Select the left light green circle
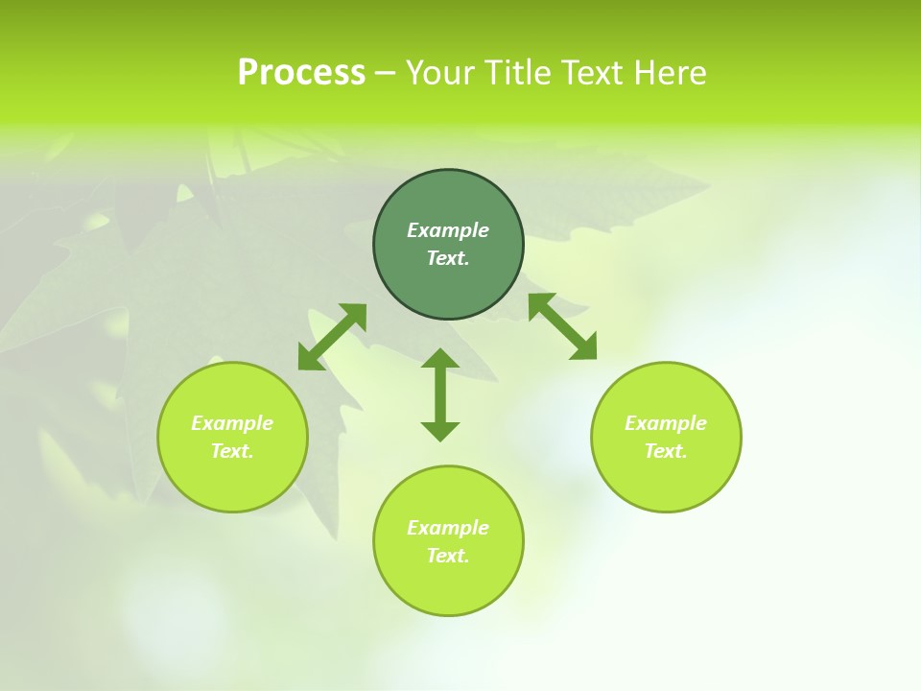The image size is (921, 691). pyautogui.click(x=232, y=480)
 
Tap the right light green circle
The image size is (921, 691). pyautogui.click(x=666, y=480)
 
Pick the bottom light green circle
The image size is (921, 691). pyautogui.click(x=448, y=585)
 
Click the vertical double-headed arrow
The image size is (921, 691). pyautogui.click(x=440, y=394)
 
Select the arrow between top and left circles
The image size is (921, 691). pyautogui.click(x=332, y=337)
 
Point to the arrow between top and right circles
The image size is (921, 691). pyautogui.click(x=562, y=326)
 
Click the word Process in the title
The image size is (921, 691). pyautogui.click(x=301, y=73)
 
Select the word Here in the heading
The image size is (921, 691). pyautogui.click(x=672, y=73)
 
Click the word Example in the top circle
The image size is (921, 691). pyautogui.click(x=448, y=230)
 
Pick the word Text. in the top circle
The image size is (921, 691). pyautogui.click(x=448, y=258)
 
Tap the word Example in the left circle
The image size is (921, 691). pyautogui.click(x=232, y=423)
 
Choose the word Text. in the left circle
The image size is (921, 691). pyautogui.click(x=232, y=451)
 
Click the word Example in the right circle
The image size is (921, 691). pyautogui.click(x=666, y=423)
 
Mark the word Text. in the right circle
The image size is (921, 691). pyautogui.click(x=666, y=451)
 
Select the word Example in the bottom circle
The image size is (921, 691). pyautogui.click(x=448, y=528)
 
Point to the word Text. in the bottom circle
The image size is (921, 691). pyautogui.click(x=448, y=556)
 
